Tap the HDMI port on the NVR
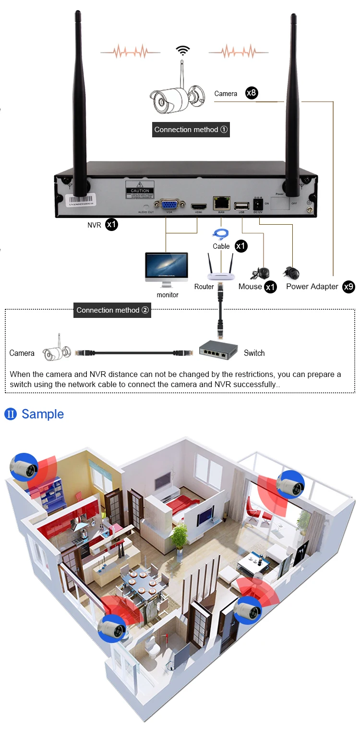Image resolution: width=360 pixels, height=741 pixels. coord(197,207)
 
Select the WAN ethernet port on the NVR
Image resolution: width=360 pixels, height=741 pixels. coord(221,203)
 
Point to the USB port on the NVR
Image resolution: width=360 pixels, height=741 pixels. coord(240,206)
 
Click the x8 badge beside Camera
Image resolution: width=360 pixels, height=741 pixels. coord(252,93)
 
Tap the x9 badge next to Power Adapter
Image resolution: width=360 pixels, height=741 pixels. coord(349,287)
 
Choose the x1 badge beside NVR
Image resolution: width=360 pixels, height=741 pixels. coord(111,224)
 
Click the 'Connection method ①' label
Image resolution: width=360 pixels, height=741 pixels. coord(191,130)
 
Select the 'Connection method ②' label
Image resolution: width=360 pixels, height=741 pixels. coord(113,310)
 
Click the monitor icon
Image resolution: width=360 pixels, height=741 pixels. coord(166,270)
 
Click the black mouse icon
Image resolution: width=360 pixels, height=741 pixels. coord(260,273)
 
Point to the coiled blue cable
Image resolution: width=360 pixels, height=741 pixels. coord(221,234)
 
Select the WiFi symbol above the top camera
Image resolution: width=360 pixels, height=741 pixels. coord(182,50)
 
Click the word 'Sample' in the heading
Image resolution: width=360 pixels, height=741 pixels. coord(43,414)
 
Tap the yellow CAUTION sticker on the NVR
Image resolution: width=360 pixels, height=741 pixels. coord(141,188)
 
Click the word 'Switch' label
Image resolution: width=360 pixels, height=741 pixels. coord(254,353)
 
